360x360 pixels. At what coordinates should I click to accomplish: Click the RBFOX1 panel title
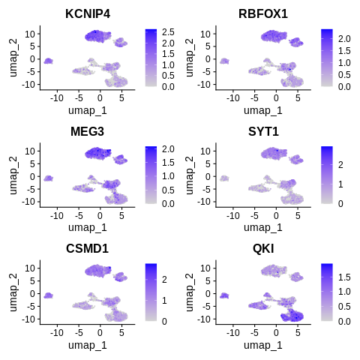(265, 14)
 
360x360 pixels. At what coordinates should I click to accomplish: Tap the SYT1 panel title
(265, 132)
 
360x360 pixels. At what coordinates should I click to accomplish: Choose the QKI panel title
(265, 249)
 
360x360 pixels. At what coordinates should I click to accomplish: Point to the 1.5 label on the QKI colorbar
(343, 277)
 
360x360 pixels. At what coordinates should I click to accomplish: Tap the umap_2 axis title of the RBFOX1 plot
(192, 58)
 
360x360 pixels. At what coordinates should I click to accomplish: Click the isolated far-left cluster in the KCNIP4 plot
(48, 61)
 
